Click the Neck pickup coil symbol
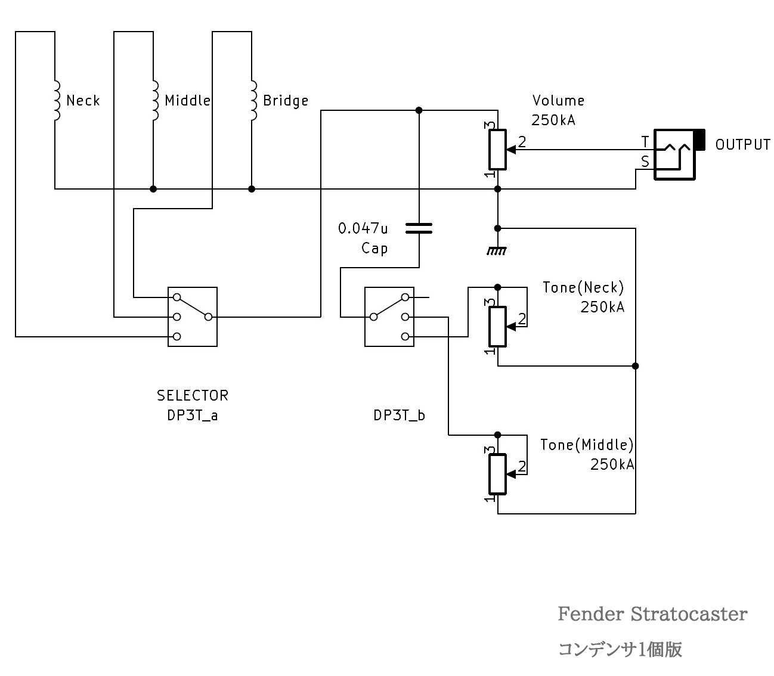pyautogui.click(x=56, y=100)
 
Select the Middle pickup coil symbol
pyautogui.click(x=154, y=100)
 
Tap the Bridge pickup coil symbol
pyautogui.click(x=253, y=100)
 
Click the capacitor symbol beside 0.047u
pyautogui.click(x=419, y=228)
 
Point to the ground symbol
pyautogui.click(x=497, y=251)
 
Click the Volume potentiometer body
pyautogui.click(x=497, y=149)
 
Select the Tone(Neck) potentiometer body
pyautogui.click(x=497, y=326)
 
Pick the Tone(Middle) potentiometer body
pyautogui.click(x=497, y=474)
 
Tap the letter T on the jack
pyautogui.click(x=645, y=142)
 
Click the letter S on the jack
pyautogui.click(x=645, y=162)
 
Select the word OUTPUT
pyautogui.click(x=742, y=145)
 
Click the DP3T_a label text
pyautogui.click(x=192, y=415)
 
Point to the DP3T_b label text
pyautogui.click(x=399, y=415)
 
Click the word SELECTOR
pyautogui.click(x=192, y=395)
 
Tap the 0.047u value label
pyautogui.click(x=363, y=228)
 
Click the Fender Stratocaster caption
pyautogui.click(x=652, y=614)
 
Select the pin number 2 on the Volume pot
pyautogui.click(x=522, y=142)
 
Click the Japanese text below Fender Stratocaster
pyautogui.click(x=620, y=649)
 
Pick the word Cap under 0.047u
pyautogui.click(x=374, y=248)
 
